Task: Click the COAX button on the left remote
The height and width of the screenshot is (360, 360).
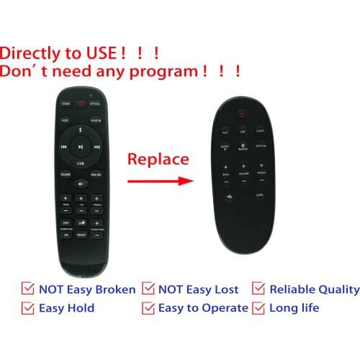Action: pyautogui.click(x=66, y=104)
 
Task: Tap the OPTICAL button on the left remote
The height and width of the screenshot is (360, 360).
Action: pyautogui.click(x=96, y=104)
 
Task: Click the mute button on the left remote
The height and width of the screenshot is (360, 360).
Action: pyautogui.click(x=81, y=184)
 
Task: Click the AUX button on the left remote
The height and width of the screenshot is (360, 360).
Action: pyautogui.click(x=65, y=120)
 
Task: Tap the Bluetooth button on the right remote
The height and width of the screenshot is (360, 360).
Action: pyautogui.click(x=242, y=147)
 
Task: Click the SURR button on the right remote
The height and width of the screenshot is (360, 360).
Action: pyautogui.click(x=260, y=195)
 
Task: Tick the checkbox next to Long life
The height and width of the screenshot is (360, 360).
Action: pyautogui.click(x=259, y=308)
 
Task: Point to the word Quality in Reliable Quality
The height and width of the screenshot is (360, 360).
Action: pyautogui.click(x=337, y=289)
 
